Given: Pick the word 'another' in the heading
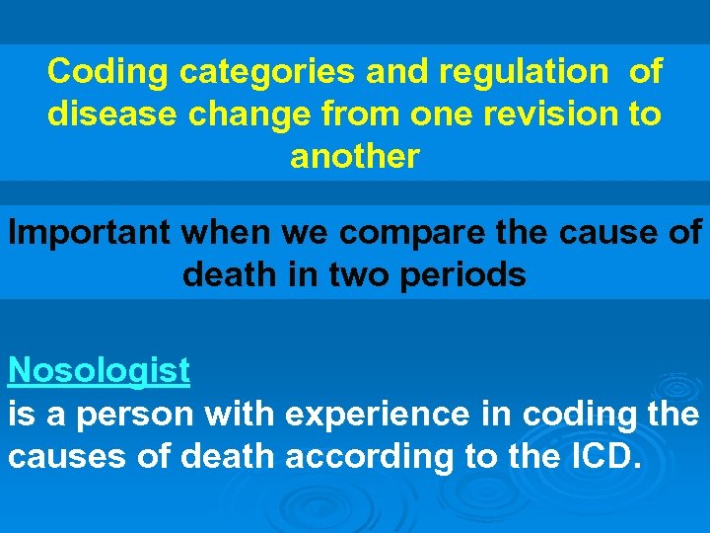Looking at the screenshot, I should tap(355, 156).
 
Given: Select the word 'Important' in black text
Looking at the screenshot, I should tap(91, 233).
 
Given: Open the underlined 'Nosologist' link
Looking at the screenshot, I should tap(99, 371).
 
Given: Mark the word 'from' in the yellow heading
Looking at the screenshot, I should tap(336, 114).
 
